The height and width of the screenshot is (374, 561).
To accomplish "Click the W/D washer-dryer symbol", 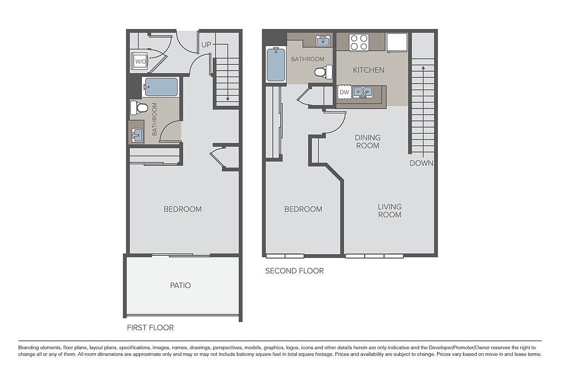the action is point(140,61).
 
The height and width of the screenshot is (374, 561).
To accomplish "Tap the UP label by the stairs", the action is point(207,45).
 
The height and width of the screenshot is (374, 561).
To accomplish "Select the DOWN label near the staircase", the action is point(421,163).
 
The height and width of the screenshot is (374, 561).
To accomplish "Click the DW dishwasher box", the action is point(344,92).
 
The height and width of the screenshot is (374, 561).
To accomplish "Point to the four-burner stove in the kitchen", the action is point(359,42).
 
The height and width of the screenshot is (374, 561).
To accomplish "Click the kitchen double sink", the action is point(363,92).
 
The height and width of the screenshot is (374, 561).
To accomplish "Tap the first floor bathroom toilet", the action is point(139,107).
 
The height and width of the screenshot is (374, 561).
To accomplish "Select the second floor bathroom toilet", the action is point(323,72).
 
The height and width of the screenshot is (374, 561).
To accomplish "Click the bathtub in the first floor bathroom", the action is point(161,87).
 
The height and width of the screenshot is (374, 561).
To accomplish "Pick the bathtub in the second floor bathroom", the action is point(276,65).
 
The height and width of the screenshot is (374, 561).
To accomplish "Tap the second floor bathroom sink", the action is point(324,41).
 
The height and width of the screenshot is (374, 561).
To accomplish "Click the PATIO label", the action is point(180,285).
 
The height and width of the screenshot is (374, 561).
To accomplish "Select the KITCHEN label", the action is point(369,70).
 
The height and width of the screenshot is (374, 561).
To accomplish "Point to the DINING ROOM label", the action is point(368,142).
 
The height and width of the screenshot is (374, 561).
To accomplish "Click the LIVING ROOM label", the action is point(390,211).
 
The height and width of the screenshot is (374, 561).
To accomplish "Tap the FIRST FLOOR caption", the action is point(150,327).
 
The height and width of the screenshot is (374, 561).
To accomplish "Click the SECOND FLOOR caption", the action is point(294,271).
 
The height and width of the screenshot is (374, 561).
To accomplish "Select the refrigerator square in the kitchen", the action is point(397,43).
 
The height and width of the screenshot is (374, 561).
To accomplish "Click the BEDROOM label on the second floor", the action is point(303,209).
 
